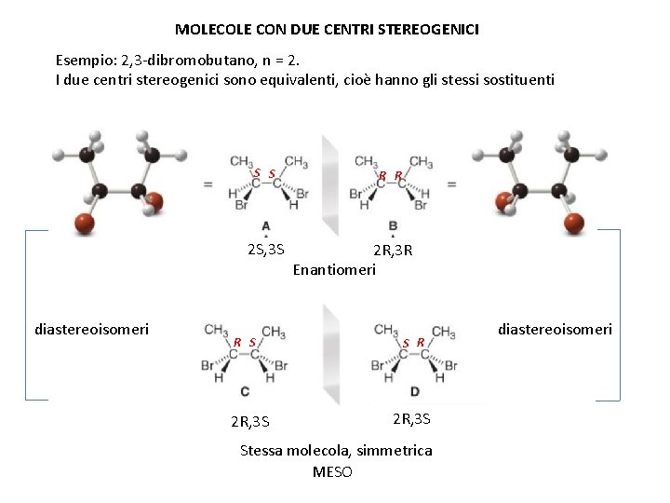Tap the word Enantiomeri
pyautogui.click(x=334, y=270)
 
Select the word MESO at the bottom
pyautogui.click(x=332, y=471)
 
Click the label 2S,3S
pyautogui.click(x=266, y=250)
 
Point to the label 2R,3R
pyautogui.click(x=393, y=251)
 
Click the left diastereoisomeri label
pyautogui.click(x=91, y=329)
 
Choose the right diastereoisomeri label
pyautogui.click(x=555, y=329)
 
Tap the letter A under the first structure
pyautogui.click(x=266, y=226)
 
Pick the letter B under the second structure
pyautogui.click(x=393, y=226)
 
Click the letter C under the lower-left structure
pyautogui.click(x=244, y=390)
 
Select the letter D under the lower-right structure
pyautogui.click(x=414, y=390)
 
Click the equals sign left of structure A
pyautogui.click(x=208, y=184)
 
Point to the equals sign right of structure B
pyautogui.click(x=451, y=184)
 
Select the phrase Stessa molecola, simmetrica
pyautogui.click(x=336, y=451)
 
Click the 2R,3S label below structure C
pyautogui.click(x=250, y=421)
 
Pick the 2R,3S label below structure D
pyautogui.click(x=411, y=418)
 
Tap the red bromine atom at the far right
pyautogui.click(x=575, y=222)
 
